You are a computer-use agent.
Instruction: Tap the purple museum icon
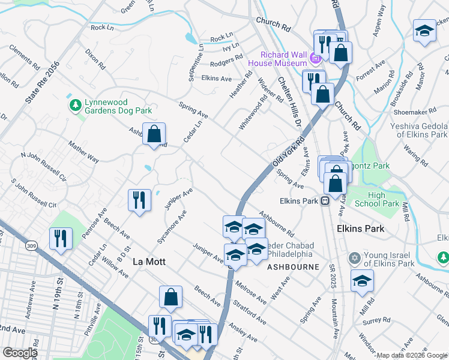click(316, 58)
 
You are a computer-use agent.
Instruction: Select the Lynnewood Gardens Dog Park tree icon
click(75, 106)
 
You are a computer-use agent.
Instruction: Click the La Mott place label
click(148, 262)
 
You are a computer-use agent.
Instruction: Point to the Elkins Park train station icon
click(324, 202)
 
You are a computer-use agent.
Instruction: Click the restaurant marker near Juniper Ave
click(139, 199)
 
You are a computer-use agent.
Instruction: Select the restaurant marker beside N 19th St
click(61, 238)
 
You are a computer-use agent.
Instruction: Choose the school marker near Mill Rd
click(362, 281)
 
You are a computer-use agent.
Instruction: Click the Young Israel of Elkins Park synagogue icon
click(354, 259)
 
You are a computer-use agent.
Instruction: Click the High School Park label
click(384, 199)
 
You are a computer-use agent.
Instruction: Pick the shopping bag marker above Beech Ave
click(170, 296)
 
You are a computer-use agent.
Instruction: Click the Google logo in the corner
click(20, 353)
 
